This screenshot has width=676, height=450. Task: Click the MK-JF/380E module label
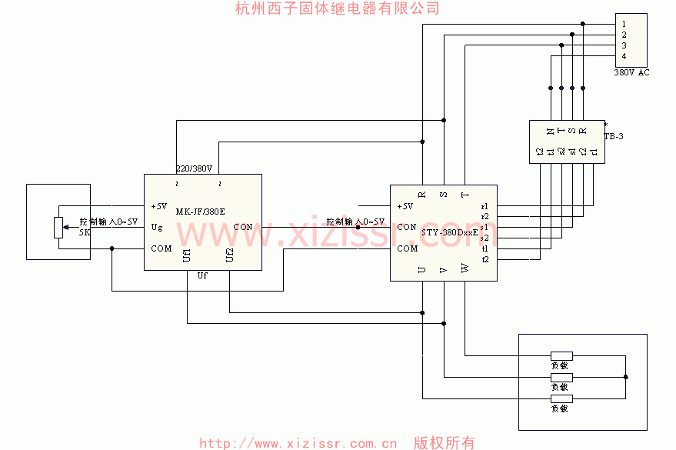coord(201,212)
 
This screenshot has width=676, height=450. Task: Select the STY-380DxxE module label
coord(450,232)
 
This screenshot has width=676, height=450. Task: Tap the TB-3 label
coord(613,136)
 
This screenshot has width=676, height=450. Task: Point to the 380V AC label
coord(631,72)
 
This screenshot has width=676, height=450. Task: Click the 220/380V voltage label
coord(194,168)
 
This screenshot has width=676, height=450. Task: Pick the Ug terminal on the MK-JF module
coord(156,227)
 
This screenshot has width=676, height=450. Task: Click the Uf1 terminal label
coord(188,255)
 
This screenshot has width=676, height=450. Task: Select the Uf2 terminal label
coord(229,255)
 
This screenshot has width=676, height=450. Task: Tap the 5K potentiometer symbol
coord(58,228)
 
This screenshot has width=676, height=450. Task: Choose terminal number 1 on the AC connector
coord(624,24)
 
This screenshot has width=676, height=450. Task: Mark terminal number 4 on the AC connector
coord(624,56)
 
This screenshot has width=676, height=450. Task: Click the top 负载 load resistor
coord(561,355)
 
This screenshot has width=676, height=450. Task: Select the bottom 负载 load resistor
coord(561,398)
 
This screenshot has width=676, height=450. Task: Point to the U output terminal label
coord(421,269)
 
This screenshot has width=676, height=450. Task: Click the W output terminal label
coord(465,269)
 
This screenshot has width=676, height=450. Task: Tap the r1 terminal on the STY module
coord(485,206)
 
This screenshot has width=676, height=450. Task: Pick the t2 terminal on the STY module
coord(485,259)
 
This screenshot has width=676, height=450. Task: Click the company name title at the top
coord(338,8)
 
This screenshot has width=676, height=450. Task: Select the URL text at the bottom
coord(298,443)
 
